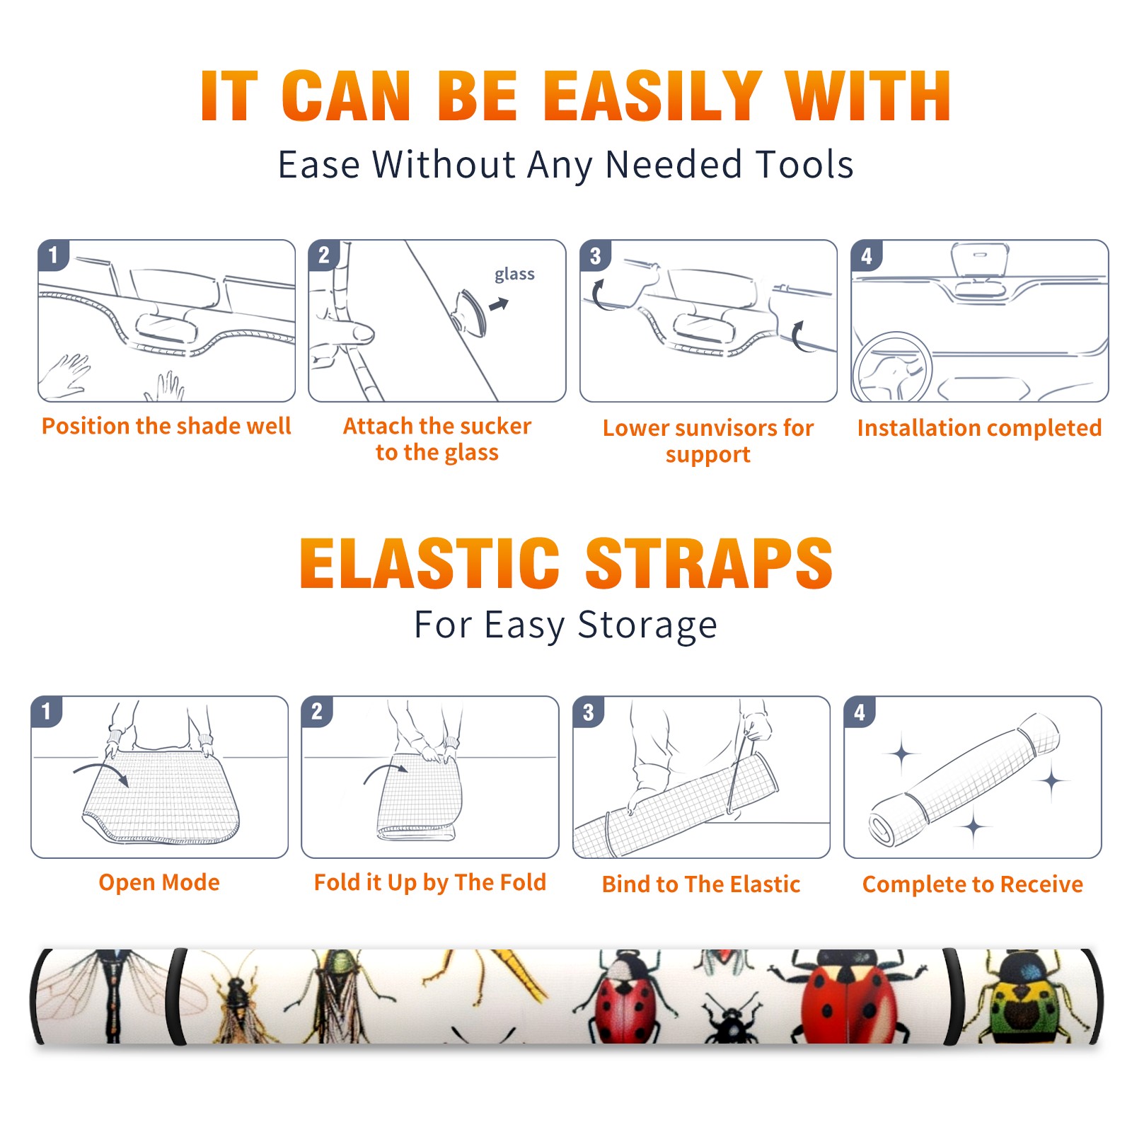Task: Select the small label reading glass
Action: pos(514,275)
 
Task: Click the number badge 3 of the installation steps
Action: pos(596,255)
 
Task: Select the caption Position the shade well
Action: pos(166,426)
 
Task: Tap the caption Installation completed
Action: pos(979,427)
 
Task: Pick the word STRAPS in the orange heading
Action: pos(709,563)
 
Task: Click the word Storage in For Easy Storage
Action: pos(647,625)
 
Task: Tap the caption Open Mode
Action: pos(159,882)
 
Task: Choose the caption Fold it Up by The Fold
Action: pos(430,882)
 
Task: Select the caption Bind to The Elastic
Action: pos(701,884)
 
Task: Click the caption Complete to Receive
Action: pos(973,884)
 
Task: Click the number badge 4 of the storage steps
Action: pos(860,712)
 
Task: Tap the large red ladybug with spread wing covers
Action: pos(845,998)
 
